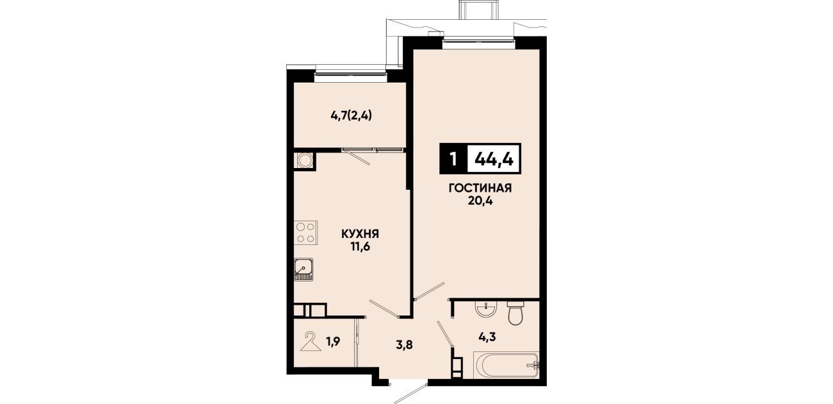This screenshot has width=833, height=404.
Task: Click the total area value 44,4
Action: pos(494,160)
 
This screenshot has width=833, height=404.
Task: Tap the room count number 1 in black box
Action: pos(453,160)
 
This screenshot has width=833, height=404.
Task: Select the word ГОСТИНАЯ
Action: pos(480,188)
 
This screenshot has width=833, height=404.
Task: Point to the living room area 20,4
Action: pos(480,201)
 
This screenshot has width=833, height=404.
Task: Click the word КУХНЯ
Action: pos(360,234)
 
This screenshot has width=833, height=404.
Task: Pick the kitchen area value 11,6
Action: pos(360,247)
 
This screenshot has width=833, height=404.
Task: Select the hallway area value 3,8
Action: pos(404,345)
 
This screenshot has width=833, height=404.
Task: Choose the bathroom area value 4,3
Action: pos(487,337)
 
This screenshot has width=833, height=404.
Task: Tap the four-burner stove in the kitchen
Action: pos(305,232)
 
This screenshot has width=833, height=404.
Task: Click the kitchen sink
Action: pos(303,269)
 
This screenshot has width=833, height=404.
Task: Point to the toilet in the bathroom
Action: pos(515,313)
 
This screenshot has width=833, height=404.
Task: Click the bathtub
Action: pos(506,366)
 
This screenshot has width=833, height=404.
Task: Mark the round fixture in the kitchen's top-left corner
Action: pos(305,160)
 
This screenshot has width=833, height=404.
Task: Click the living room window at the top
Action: pos(478,43)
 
